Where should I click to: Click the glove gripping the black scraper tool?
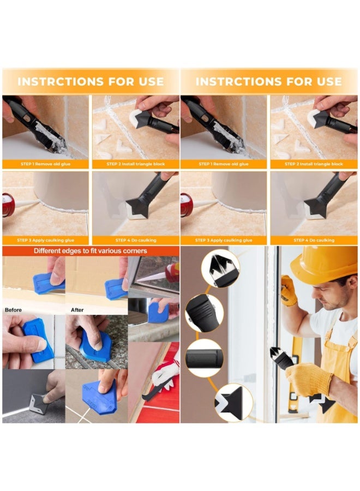click(309, 379)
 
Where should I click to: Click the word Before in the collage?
click(14, 310)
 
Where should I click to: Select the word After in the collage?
click(77, 310)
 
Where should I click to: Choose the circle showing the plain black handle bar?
click(203, 358)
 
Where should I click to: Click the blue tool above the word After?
click(116, 286)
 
